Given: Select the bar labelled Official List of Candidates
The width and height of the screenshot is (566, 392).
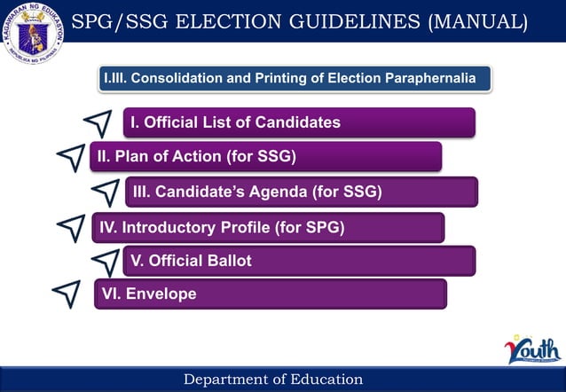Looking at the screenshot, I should tap(299, 122).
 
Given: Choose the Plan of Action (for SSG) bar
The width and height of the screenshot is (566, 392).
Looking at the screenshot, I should tap(265, 157).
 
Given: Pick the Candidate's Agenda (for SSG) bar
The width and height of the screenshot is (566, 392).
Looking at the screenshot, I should tap(301, 192).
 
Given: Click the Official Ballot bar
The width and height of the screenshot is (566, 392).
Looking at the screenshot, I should tap(299, 261).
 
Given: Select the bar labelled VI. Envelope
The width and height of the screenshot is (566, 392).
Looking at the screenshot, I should tap(271, 294).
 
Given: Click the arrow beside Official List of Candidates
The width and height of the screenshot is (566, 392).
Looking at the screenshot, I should tap(98, 123).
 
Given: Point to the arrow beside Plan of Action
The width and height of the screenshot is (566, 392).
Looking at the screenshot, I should tap(71, 157).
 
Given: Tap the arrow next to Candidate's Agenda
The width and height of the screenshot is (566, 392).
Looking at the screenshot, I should tap(105, 192).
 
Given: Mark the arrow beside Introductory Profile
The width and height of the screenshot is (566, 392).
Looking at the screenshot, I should tap(71, 227).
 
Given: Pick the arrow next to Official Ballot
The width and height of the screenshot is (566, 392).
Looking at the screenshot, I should tap(106, 261).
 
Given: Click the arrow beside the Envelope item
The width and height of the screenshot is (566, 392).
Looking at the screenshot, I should tap(67, 294).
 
